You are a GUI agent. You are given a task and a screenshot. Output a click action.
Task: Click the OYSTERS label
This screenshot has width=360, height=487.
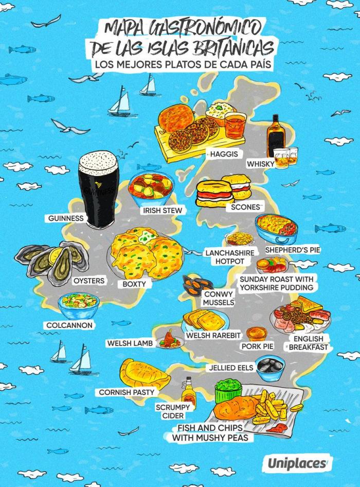(x=88, y=281)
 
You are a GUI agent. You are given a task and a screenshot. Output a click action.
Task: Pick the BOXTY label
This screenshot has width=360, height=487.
(x=134, y=284)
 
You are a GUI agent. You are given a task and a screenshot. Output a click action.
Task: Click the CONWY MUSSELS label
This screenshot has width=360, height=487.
(x=218, y=298)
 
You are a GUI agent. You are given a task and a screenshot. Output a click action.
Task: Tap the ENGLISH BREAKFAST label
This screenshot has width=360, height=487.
(x=309, y=343)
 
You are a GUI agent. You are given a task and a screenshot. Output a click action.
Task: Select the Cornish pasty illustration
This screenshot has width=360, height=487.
(x=145, y=375)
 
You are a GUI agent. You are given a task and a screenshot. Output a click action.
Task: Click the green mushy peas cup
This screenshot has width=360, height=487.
(x=228, y=392)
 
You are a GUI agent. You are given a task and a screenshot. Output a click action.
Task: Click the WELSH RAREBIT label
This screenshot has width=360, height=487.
(x=213, y=335)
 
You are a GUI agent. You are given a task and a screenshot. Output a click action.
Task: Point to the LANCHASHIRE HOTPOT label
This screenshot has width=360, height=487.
(x=229, y=257)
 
